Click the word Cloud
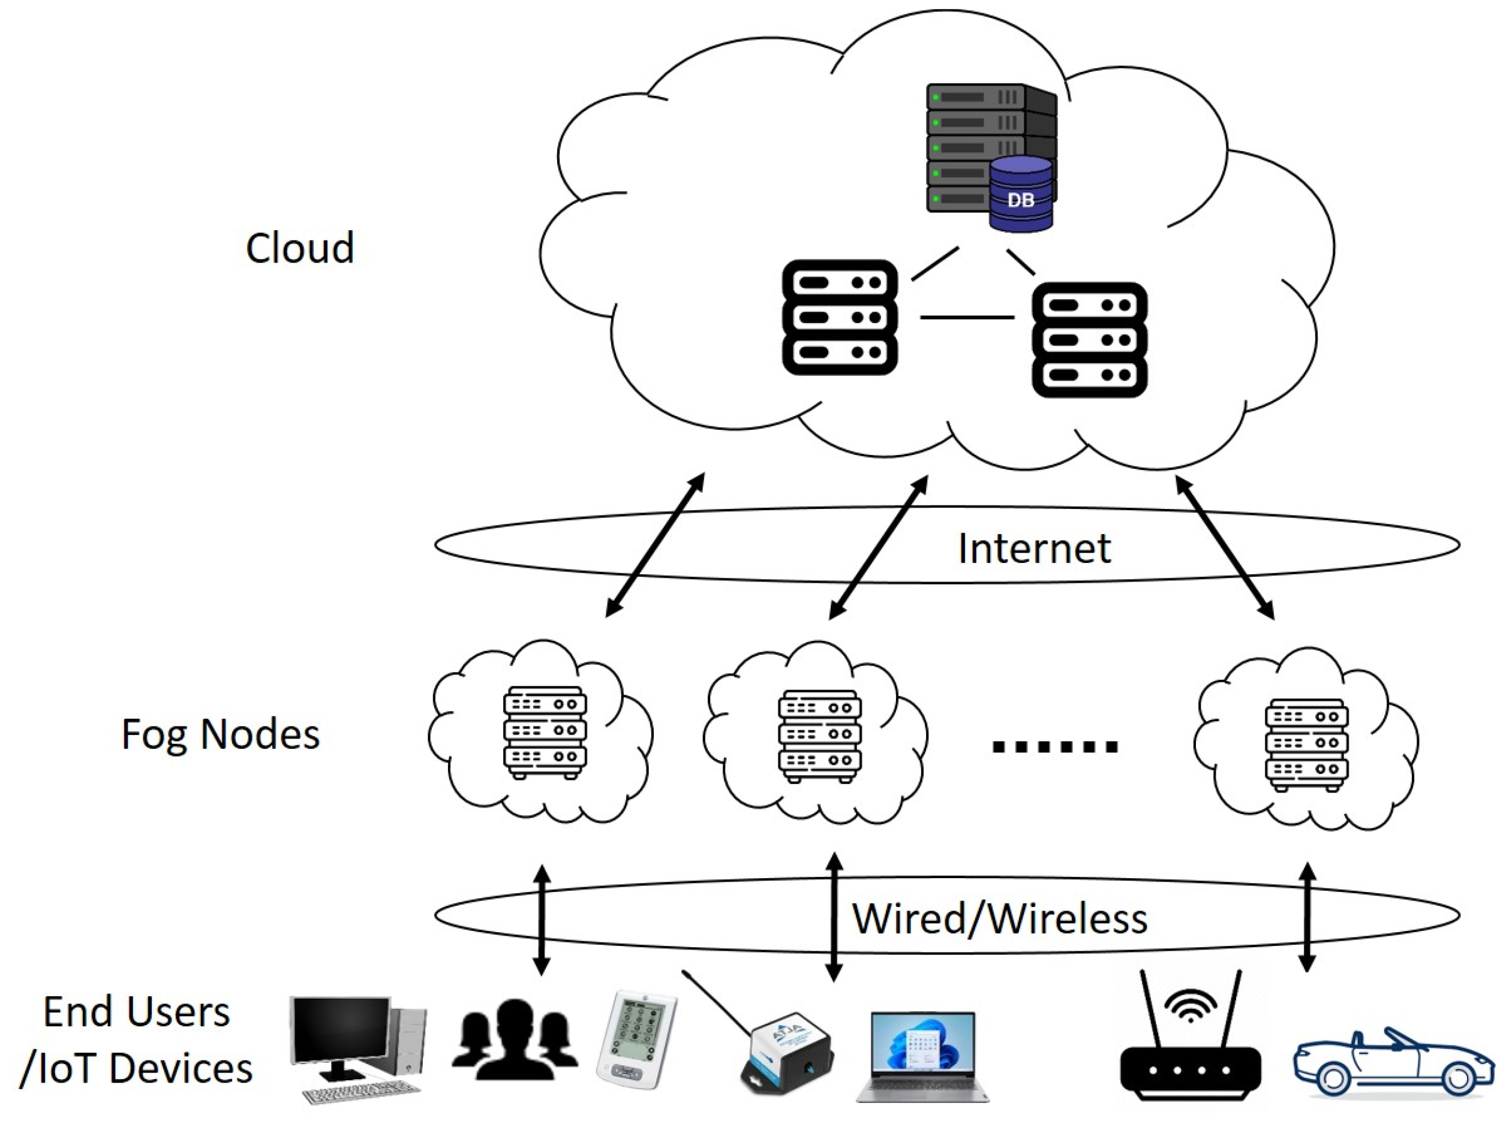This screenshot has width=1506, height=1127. [x=299, y=248]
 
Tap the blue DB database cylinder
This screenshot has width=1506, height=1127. [x=1021, y=195]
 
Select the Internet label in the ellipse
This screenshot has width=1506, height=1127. [x=1034, y=549]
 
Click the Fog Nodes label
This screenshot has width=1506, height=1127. [x=220, y=734]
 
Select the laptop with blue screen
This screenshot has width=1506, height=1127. [x=923, y=1055]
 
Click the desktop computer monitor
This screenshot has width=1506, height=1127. [x=341, y=1031]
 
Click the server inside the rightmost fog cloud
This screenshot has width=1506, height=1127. [x=1306, y=746]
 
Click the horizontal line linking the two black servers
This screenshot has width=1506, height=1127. [x=967, y=317]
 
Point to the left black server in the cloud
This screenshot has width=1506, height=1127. [x=840, y=317]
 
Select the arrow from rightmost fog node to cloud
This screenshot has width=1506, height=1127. [x=1225, y=548]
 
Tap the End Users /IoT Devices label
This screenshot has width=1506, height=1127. [x=136, y=1039]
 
